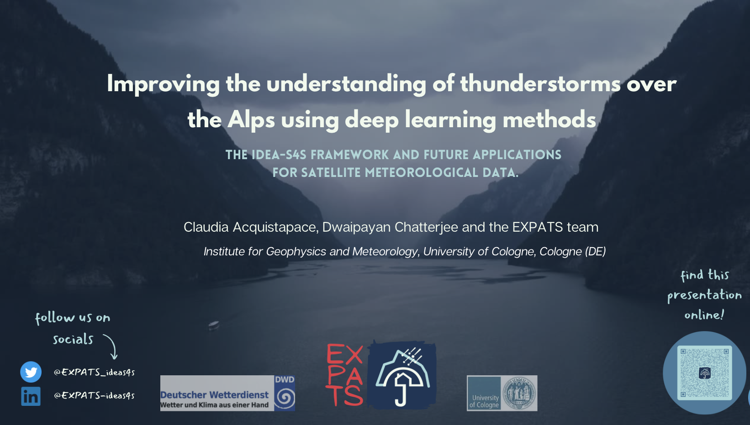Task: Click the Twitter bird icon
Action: pyautogui.click(x=31, y=372)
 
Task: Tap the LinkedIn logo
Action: pyautogui.click(x=31, y=396)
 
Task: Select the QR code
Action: pyautogui.click(x=704, y=373)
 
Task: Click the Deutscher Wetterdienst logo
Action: pyautogui.click(x=227, y=393)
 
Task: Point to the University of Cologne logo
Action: pyautogui.click(x=502, y=393)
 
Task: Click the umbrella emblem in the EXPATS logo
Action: pyautogui.click(x=402, y=375)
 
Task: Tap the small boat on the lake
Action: pyautogui.click(x=214, y=325)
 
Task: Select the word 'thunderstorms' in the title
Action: pyautogui.click(x=540, y=83)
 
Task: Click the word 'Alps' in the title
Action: pyautogui.click(x=251, y=120)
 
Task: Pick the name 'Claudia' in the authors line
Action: pyautogui.click(x=206, y=227)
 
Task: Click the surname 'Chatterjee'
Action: pyautogui.click(x=426, y=227)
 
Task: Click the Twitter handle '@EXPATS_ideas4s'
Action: pyautogui.click(x=94, y=372)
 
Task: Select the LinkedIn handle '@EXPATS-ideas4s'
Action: pyautogui.click(x=94, y=395)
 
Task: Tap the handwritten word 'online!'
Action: pyautogui.click(x=704, y=315)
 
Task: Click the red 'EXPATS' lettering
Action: pyautogui.click(x=344, y=374)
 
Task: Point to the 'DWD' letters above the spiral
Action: pyautogui.click(x=285, y=379)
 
